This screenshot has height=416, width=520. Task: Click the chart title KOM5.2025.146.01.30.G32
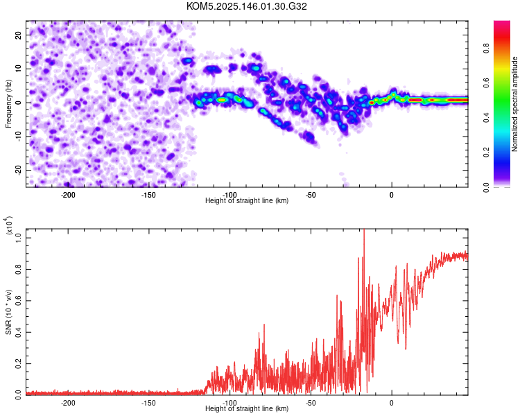click(x=246, y=6)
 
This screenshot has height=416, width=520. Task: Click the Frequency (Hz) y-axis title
click(x=8, y=104)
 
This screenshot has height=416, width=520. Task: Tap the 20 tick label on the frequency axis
click(x=18, y=35)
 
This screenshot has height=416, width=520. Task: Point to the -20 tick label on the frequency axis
click(x=18, y=170)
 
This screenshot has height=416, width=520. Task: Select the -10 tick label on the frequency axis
click(x=18, y=136)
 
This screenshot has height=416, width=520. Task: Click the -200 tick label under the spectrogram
click(x=68, y=195)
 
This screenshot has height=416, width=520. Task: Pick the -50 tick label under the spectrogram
click(x=311, y=195)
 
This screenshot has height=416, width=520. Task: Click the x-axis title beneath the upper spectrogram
click(x=247, y=200)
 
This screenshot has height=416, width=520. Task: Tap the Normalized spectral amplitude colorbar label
click(x=514, y=104)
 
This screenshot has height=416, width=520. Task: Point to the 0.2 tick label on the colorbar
click(x=487, y=153)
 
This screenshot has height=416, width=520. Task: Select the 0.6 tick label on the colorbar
click(x=487, y=83)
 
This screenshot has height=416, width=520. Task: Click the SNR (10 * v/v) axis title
click(x=8, y=312)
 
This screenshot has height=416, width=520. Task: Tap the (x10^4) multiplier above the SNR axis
click(x=9, y=226)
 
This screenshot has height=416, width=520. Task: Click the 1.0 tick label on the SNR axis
click(x=18, y=238)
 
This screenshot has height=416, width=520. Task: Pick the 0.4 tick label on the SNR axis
click(x=18, y=332)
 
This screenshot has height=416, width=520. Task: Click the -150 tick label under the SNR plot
click(x=148, y=403)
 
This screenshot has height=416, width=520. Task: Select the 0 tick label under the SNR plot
click(x=392, y=403)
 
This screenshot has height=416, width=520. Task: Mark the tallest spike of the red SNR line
click(x=364, y=229)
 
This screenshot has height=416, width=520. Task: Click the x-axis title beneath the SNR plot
click(x=247, y=408)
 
